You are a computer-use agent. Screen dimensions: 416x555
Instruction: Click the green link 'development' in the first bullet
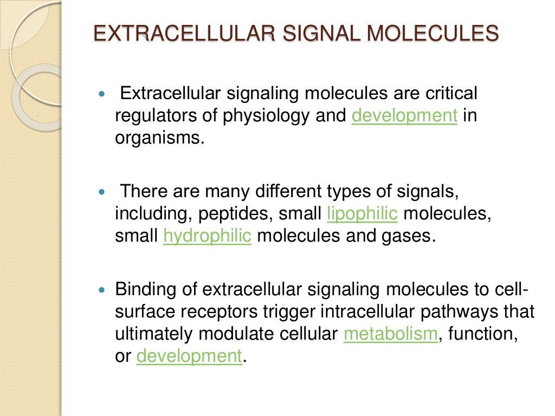(x=404, y=116)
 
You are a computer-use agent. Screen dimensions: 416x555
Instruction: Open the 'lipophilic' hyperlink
(x=363, y=214)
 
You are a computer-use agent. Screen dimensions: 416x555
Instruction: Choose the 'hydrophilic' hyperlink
(x=207, y=237)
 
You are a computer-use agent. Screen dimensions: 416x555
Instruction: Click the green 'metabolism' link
(x=391, y=334)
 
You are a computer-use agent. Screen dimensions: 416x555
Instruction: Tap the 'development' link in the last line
(x=189, y=356)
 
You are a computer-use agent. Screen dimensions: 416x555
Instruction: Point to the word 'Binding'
(x=146, y=290)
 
